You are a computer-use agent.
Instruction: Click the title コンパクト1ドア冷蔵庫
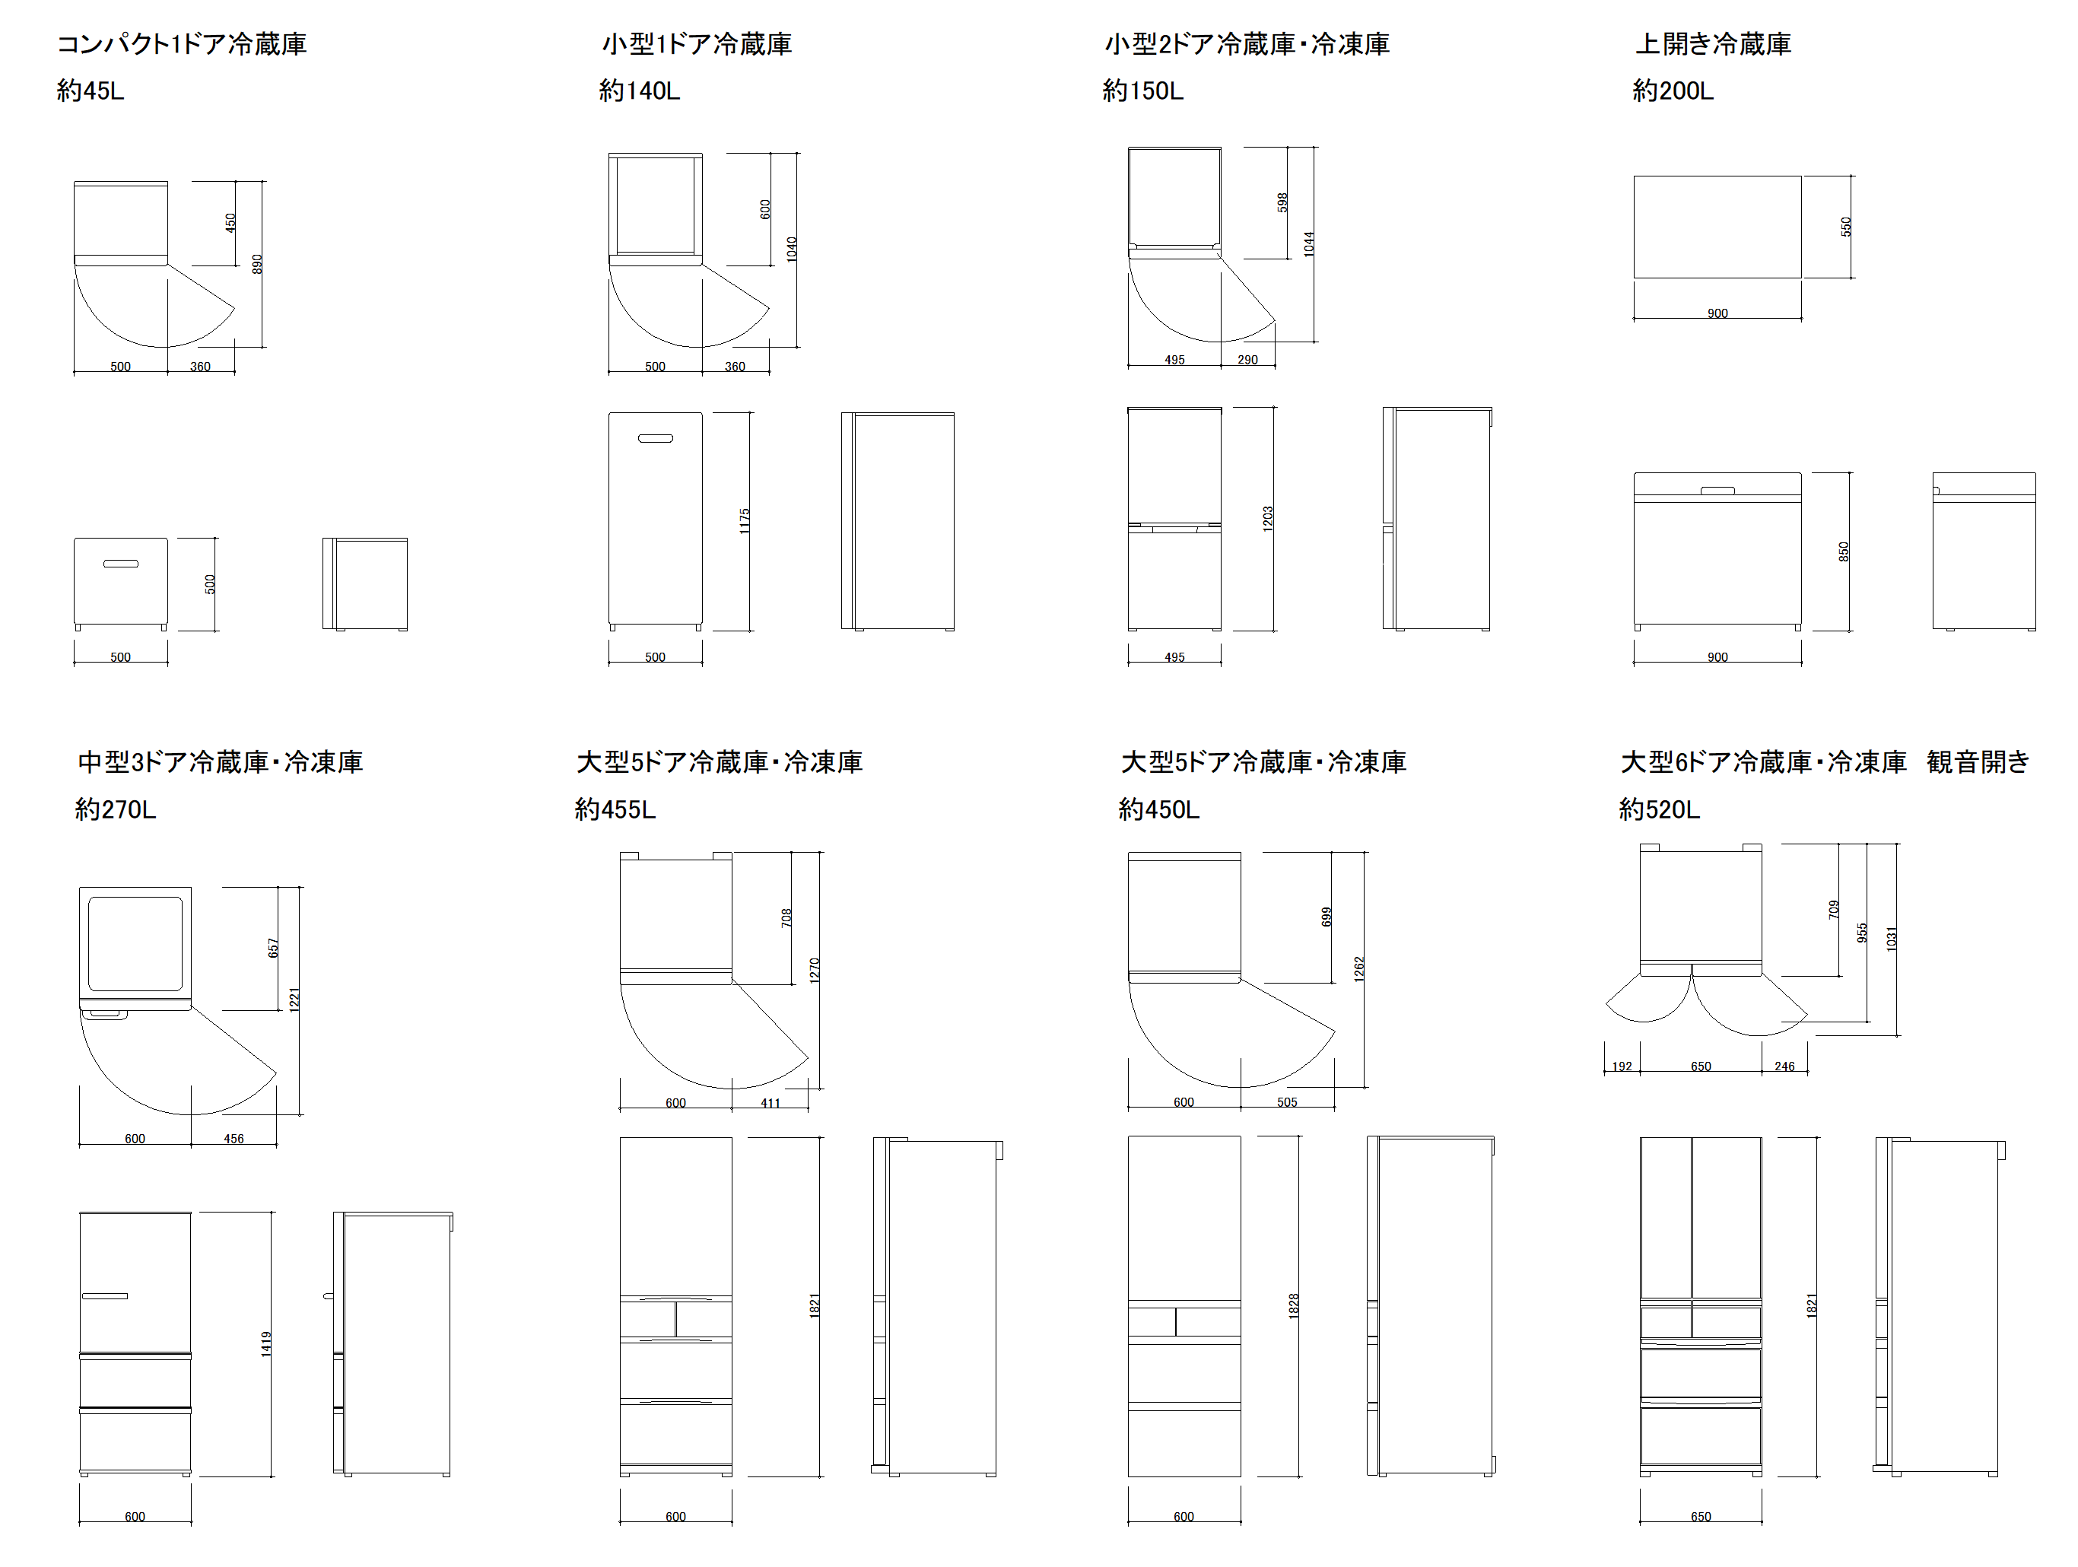pos(183,44)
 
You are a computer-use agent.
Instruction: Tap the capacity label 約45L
pos(91,91)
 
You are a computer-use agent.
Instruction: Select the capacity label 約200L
pos(1673,91)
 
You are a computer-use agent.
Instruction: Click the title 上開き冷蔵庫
pos(1713,44)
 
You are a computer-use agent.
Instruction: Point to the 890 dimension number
pos(257,264)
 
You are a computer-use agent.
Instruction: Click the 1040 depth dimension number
pos(792,249)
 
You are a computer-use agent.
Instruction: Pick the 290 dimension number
pos(1247,360)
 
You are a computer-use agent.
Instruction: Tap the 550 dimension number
pos(1846,227)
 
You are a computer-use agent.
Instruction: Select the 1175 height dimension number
pos(744,521)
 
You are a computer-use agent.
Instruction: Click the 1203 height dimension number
pos(1267,519)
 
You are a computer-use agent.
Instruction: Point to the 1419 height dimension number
pos(266,1343)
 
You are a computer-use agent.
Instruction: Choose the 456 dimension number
pos(234,1139)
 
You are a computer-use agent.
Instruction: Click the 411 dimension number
pos(771,1103)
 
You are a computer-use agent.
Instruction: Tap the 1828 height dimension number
pos(1294,1306)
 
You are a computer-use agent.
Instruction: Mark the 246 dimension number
pos(1785,1066)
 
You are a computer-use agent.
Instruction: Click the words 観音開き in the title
pos(1978,762)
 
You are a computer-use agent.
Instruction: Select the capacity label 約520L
pos(1660,810)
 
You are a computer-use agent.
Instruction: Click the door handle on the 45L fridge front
pos(121,564)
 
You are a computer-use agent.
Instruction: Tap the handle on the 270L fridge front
pos(104,1295)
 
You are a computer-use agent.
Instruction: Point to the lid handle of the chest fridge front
pos(1717,489)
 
